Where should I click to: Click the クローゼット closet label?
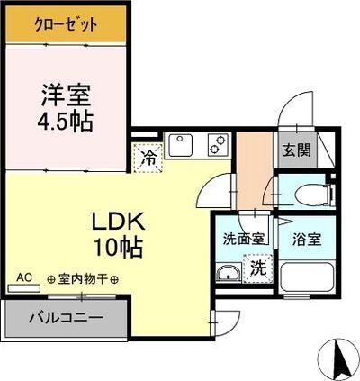(x=67, y=24)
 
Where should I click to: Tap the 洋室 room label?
(x=67, y=94)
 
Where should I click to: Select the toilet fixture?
(x=310, y=192)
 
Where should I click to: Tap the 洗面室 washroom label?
(x=243, y=240)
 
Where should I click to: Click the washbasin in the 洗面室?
(x=228, y=274)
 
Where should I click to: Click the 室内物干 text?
(x=83, y=279)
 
